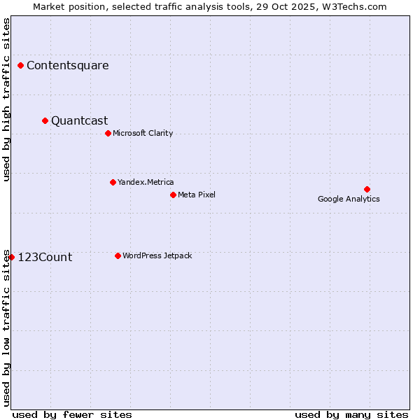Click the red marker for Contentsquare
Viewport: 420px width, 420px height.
coord(21,66)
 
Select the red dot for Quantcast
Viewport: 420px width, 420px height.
coord(45,121)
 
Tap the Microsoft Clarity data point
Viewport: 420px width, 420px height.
coord(108,134)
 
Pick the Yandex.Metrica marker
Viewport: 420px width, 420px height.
coord(113,183)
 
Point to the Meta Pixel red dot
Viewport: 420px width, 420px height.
coord(173,195)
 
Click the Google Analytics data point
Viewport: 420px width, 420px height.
coord(367,190)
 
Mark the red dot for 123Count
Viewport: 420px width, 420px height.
coord(11,258)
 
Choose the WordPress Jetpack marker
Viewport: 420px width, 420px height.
coord(118,255)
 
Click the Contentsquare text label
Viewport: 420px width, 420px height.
coord(68,66)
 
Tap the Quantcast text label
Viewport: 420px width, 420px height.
coord(80,121)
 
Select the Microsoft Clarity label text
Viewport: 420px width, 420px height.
coord(143,134)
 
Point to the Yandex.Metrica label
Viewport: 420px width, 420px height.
coord(146,183)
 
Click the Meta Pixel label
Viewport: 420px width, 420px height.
coord(197,195)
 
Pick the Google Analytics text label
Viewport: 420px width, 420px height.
coord(349,199)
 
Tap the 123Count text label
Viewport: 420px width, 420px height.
coord(45,258)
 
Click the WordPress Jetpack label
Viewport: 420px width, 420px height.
coord(157,256)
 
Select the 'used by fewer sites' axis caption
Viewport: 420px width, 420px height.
coord(72,414)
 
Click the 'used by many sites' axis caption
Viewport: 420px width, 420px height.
coord(351,414)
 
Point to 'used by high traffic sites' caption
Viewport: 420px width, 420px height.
coord(6,99)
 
